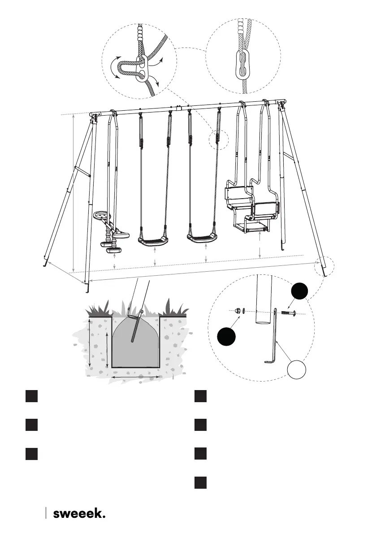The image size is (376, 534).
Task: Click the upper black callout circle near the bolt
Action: (299, 292)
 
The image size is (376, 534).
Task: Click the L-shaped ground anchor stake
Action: (277, 341)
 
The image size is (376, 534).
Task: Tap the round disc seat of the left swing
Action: (102, 216)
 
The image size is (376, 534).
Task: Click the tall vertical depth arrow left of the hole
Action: (90, 343)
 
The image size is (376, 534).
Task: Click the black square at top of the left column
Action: (30, 396)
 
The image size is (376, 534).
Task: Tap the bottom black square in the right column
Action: (201, 483)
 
